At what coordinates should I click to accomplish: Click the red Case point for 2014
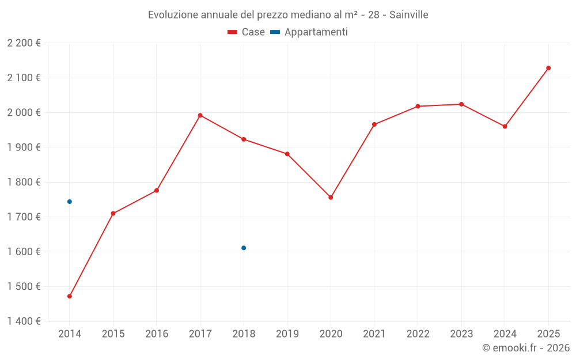[70, 296]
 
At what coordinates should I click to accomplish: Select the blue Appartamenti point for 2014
[70, 202]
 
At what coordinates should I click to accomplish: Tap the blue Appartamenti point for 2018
[244, 248]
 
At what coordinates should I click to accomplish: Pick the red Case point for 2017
[200, 115]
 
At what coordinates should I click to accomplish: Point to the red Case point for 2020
[331, 198]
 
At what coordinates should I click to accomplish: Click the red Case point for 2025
[548, 68]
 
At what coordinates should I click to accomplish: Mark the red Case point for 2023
[461, 104]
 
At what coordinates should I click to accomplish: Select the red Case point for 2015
[113, 214]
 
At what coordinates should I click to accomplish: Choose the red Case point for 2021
[374, 124]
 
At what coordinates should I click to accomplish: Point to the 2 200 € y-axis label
[24, 43]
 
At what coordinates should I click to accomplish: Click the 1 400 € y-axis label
[24, 321]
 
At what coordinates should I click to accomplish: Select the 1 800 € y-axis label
[24, 182]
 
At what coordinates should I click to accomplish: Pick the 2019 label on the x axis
[287, 334]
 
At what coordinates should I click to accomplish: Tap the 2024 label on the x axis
[505, 334]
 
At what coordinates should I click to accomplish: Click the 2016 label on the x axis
[157, 334]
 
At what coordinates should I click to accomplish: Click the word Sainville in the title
[408, 15]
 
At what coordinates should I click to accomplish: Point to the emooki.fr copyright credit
[525, 348]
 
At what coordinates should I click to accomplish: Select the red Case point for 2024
[505, 126]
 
